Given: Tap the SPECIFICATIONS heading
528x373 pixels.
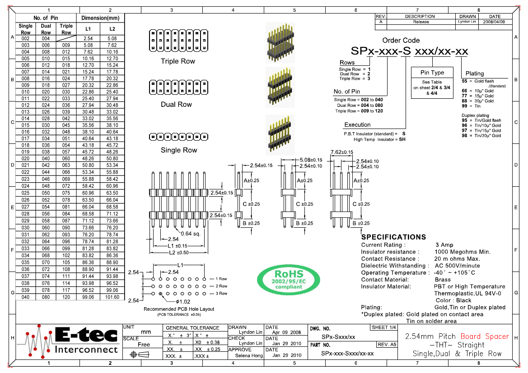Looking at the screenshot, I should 393,237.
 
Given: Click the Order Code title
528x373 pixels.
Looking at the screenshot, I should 401,41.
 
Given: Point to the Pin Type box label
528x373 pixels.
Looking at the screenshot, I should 432,73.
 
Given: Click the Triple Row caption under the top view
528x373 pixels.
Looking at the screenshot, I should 178,61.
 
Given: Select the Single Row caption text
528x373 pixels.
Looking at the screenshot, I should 179,150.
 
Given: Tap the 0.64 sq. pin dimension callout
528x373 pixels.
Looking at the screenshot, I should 190,233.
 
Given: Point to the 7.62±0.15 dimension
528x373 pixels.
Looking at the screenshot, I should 341,152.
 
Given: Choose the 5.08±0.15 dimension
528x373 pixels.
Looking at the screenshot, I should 311,160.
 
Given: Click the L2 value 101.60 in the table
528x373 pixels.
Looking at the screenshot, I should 112,297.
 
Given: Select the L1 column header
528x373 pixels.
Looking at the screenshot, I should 88,29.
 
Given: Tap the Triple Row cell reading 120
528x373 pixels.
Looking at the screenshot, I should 66,297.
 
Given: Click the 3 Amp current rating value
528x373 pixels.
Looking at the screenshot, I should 444,245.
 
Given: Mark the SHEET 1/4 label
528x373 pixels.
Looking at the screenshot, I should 383,327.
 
